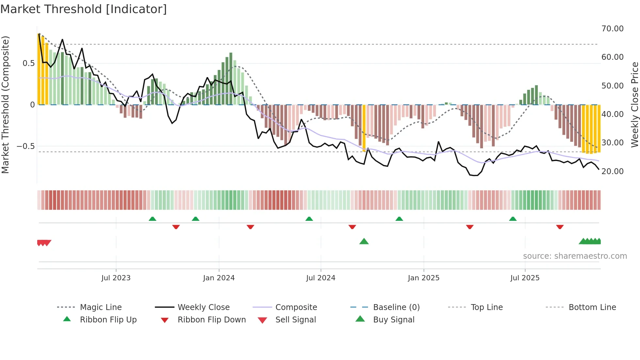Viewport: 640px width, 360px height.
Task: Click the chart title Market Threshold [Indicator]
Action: tap(84, 9)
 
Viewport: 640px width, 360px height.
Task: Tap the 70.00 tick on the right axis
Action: tap(612, 29)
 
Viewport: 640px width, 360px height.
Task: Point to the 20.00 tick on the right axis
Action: tap(612, 172)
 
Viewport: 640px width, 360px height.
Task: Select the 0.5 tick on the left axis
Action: tap(28, 63)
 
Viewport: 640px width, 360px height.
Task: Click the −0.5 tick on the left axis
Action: tap(26, 146)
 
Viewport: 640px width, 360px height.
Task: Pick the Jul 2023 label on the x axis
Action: tap(116, 278)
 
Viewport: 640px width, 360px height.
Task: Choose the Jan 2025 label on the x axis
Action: tap(424, 278)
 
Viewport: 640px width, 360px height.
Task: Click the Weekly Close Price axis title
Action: tap(634, 105)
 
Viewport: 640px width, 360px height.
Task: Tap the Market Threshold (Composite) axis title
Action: tap(5, 105)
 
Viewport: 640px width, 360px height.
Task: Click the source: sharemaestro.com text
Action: tap(575, 256)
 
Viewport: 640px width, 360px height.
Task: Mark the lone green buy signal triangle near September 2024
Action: tap(364, 241)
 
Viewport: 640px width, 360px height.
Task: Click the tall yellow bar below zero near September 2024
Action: tap(364, 128)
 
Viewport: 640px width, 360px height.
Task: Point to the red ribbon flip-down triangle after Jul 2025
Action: tap(560, 227)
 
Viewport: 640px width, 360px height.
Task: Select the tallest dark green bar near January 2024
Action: tap(231, 78)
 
